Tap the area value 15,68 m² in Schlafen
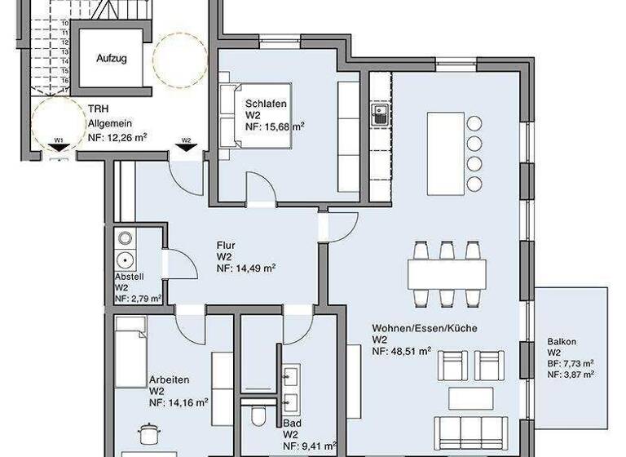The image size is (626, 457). (276, 126)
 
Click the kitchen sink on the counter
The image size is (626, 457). (380, 114)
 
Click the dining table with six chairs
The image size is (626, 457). (447, 268)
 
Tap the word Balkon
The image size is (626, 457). (562, 342)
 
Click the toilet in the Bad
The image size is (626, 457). (259, 416)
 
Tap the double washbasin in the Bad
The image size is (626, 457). (289, 388)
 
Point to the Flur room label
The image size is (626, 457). (226, 245)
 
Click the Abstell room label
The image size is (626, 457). (129, 277)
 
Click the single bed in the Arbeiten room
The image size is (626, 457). (130, 352)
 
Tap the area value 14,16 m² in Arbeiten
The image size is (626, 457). (178, 402)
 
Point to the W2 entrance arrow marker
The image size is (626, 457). (186, 144)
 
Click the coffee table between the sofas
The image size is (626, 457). (470, 398)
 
